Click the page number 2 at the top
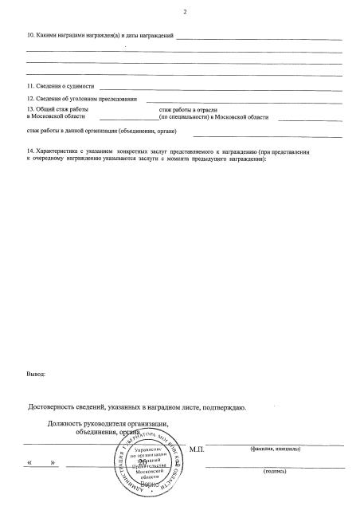(184, 12)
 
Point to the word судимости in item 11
(81, 85)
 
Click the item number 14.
(31, 150)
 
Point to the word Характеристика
(57, 150)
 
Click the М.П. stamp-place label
(198, 450)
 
